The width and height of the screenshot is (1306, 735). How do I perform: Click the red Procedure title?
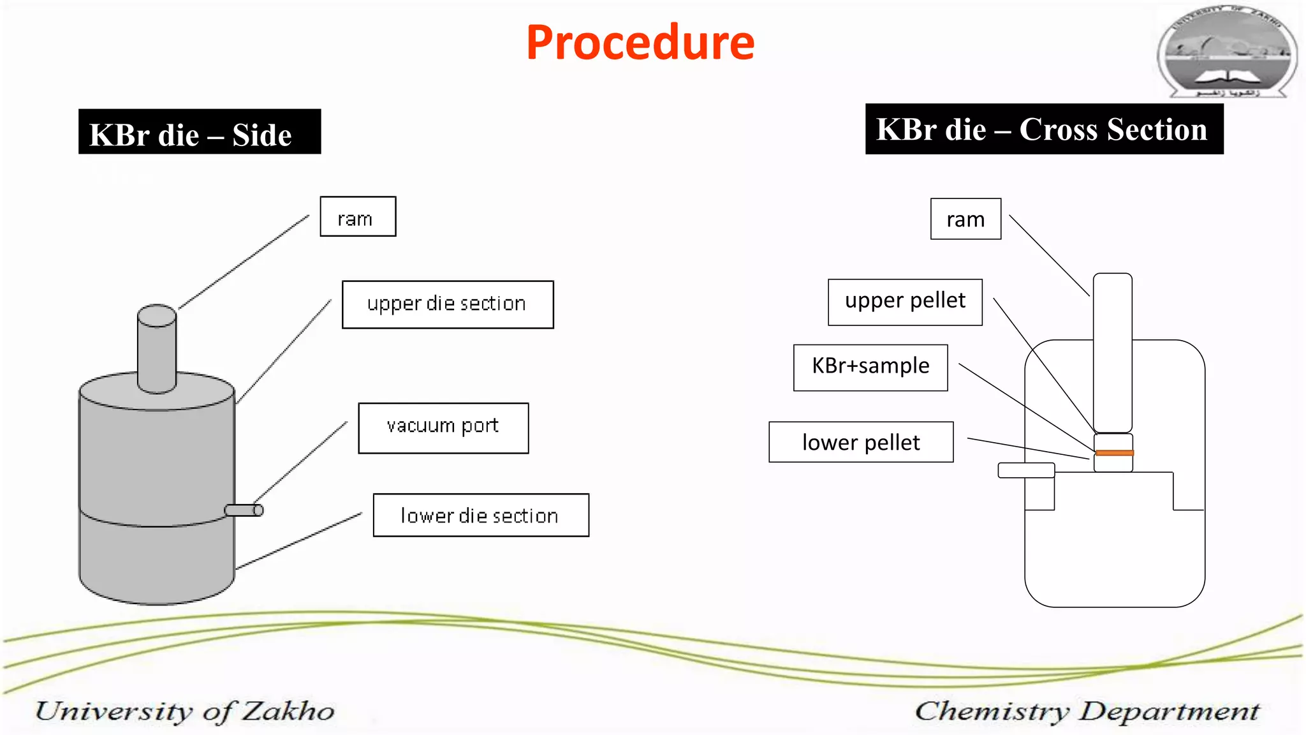click(x=640, y=43)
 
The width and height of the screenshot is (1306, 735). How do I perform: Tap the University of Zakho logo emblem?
click(x=1227, y=52)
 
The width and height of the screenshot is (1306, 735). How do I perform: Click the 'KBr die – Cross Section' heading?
click(x=1044, y=130)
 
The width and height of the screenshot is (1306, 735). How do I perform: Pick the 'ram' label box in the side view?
click(x=358, y=217)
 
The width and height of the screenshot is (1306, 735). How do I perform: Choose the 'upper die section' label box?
click(x=448, y=304)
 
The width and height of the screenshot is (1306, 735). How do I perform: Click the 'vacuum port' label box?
click(x=443, y=428)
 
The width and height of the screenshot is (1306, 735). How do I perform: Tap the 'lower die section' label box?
click(x=481, y=516)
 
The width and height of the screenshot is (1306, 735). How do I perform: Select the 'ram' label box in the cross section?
click(x=965, y=219)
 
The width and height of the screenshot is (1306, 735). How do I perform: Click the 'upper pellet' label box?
click(x=905, y=302)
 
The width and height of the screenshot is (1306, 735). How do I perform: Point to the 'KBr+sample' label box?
click(x=870, y=367)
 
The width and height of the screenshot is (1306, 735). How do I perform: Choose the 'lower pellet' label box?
click(x=861, y=442)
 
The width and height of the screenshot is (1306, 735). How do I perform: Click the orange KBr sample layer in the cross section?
click(x=1113, y=453)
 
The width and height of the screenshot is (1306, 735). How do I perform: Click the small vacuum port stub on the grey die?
click(x=244, y=510)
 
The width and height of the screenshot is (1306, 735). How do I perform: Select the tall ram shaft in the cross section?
click(x=1113, y=351)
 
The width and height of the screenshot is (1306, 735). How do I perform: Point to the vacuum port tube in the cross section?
click(x=1026, y=470)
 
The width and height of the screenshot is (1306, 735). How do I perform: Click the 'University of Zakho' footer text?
click(x=185, y=711)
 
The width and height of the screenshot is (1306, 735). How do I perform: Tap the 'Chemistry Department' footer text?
click(x=1087, y=711)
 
